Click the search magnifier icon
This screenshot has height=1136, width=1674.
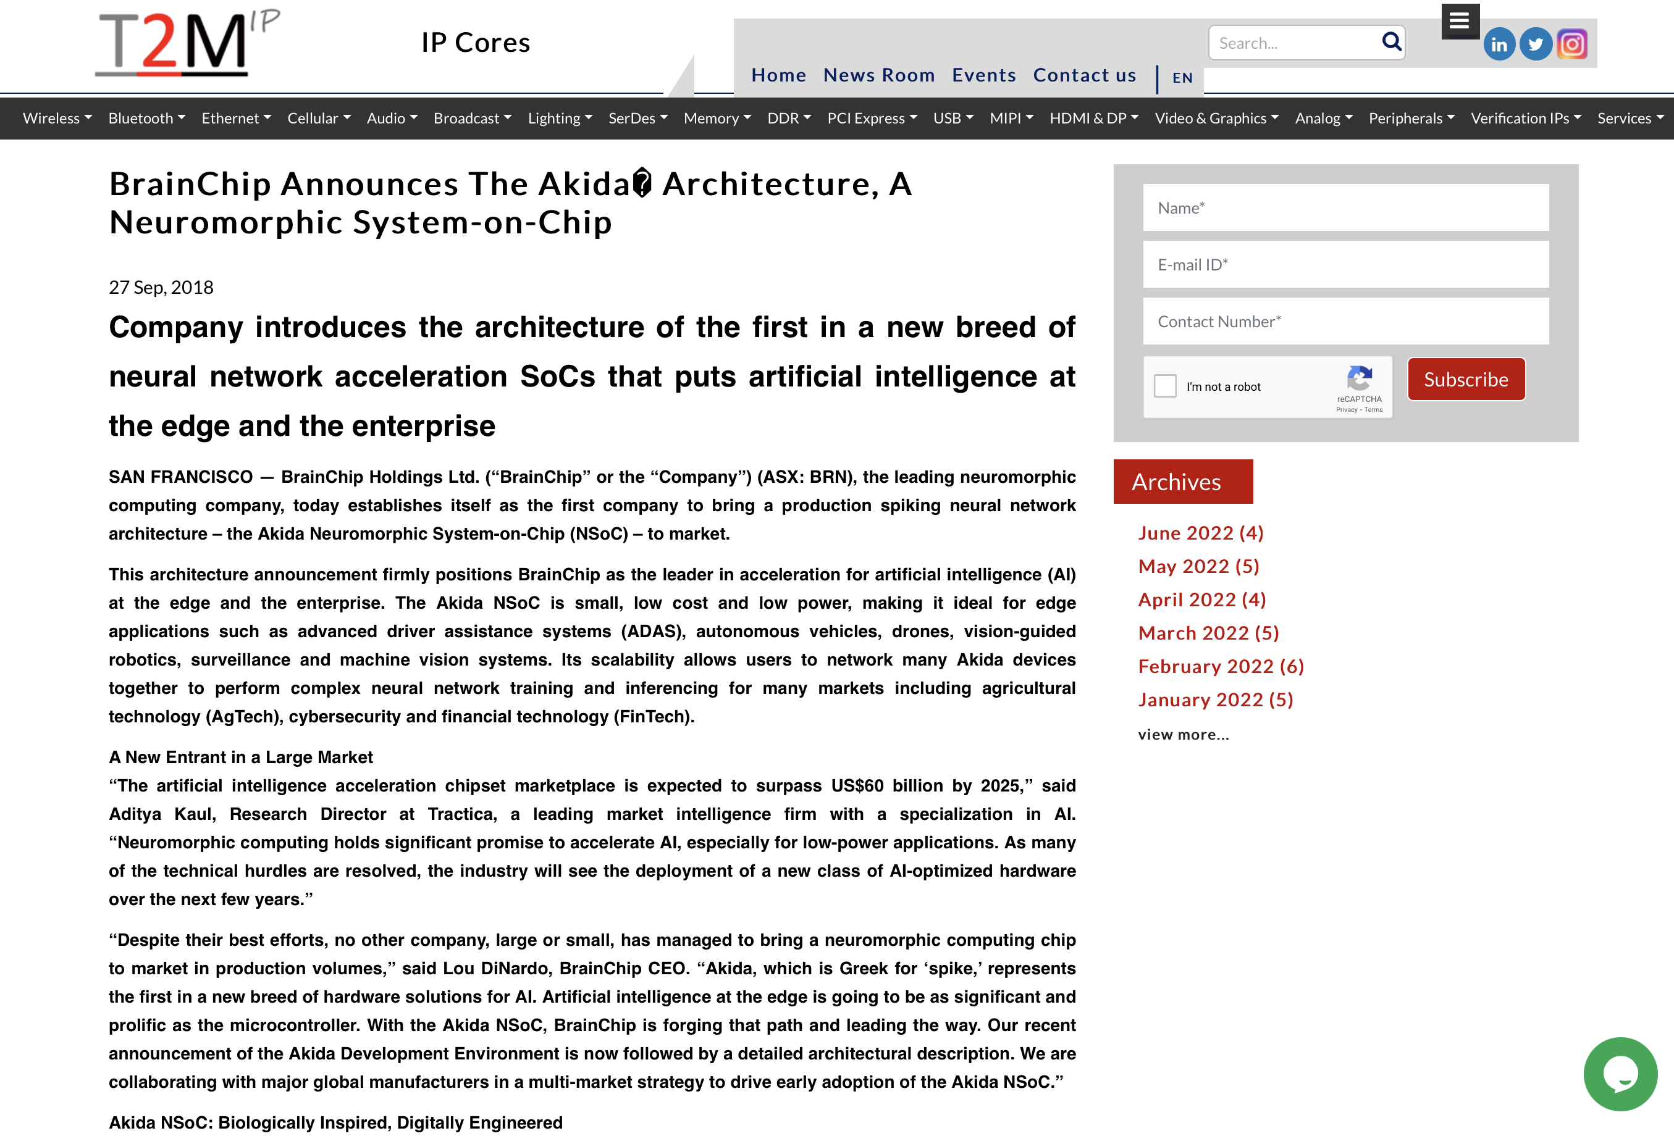click(1391, 42)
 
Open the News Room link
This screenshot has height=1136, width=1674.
click(879, 75)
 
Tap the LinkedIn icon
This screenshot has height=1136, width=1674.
click(1499, 44)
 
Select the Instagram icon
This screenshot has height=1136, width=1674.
click(1571, 44)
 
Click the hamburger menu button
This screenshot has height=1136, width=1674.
click(1460, 21)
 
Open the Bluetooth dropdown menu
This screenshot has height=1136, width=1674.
click(146, 118)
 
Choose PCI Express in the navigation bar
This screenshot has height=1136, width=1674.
click(872, 118)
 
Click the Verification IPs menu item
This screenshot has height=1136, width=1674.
click(1525, 118)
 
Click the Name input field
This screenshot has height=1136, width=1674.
click(1345, 208)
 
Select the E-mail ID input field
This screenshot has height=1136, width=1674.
click(1345, 265)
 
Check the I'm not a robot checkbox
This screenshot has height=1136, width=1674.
click(1165, 386)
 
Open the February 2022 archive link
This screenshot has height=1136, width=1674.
click(1220, 667)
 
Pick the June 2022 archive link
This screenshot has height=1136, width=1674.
click(1200, 533)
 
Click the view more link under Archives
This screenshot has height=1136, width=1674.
click(1183, 735)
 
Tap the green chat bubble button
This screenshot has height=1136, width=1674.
click(1619, 1074)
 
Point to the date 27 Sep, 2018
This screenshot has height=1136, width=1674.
click(161, 288)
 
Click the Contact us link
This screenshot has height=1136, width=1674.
click(1084, 75)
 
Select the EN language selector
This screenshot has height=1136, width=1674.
click(1182, 78)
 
